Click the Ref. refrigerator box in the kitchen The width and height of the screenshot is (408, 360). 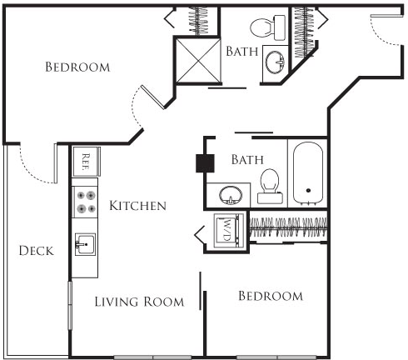(87, 158)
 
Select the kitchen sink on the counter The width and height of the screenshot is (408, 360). (85, 244)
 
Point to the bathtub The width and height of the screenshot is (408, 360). (307, 173)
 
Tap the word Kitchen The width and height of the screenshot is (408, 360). (137, 205)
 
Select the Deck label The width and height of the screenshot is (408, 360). (36, 251)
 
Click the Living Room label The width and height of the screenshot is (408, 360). (139, 302)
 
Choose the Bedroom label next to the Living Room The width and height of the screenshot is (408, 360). (270, 296)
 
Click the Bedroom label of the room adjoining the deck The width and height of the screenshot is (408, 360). (77, 67)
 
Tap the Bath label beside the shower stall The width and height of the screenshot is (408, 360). (241, 51)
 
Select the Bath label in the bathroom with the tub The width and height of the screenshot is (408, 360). (247, 158)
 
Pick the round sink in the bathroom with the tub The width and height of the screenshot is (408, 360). (231, 196)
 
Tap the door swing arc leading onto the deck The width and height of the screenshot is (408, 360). (33, 167)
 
